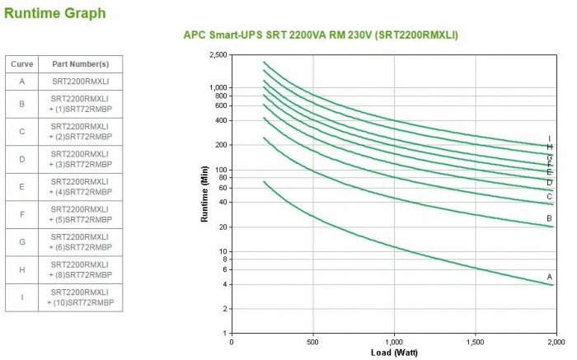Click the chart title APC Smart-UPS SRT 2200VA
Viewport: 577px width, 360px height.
(x=320, y=35)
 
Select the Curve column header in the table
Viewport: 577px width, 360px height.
(x=21, y=64)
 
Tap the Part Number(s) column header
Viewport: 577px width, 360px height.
(x=80, y=64)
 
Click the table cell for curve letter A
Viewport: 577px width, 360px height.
(x=21, y=82)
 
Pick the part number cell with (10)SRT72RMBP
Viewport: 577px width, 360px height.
(x=80, y=297)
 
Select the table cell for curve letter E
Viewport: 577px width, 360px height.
(x=21, y=186)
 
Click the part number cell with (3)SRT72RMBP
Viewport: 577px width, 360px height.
(x=80, y=159)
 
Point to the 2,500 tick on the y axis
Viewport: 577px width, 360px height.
(x=218, y=55)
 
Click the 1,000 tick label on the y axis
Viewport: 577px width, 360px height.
(x=218, y=87)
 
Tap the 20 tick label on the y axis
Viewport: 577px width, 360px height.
(x=222, y=227)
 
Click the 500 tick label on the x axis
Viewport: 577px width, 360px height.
(x=312, y=341)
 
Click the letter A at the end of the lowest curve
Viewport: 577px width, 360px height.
(x=549, y=276)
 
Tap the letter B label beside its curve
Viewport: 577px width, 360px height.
(x=549, y=218)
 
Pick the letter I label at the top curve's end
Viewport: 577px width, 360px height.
(x=549, y=138)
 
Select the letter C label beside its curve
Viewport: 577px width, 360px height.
(x=549, y=196)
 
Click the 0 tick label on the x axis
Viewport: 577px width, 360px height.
(x=232, y=341)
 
